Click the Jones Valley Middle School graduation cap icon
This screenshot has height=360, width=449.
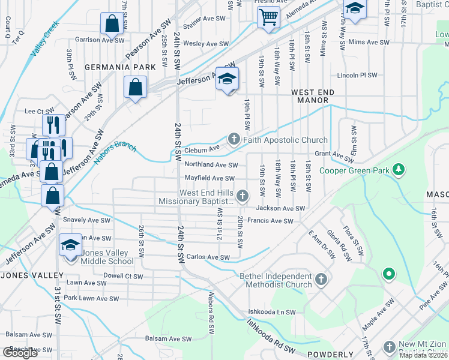70,245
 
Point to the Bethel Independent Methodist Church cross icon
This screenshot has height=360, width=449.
321,280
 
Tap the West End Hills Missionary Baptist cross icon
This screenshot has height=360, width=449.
243,196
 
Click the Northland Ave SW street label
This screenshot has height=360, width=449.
211,164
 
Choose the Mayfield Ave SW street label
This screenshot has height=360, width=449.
209,178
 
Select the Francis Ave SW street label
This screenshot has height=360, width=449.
270,221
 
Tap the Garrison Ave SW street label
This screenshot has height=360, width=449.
96,40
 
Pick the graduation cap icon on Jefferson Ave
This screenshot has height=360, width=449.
227,79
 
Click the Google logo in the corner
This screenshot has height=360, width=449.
20,353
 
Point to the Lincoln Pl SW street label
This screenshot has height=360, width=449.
357,76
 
